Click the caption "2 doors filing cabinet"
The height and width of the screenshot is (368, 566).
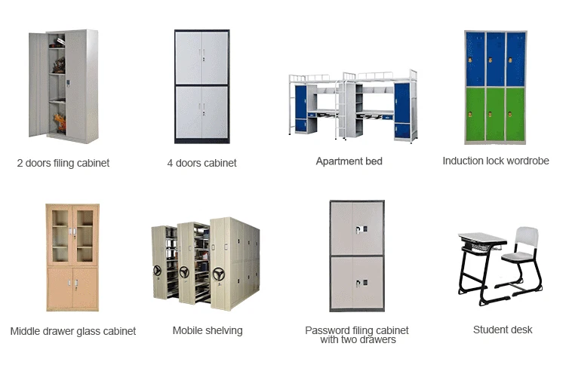coord(63,163)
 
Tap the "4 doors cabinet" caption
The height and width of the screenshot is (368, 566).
coord(201,163)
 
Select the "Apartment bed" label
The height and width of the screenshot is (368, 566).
coord(349,161)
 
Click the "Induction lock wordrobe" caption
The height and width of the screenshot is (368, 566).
coord(496,161)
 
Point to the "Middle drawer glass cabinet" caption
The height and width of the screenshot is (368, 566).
coord(73,331)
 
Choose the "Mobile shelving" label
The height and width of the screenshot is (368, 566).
coord(208,330)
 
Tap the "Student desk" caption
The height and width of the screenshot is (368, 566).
coord(503,330)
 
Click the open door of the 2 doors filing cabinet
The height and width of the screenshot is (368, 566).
coord(38,84)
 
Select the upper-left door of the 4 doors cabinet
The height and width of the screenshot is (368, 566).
coord(189,58)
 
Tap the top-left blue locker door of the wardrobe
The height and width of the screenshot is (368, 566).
coord(475,59)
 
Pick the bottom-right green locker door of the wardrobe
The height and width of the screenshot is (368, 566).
coord(516,114)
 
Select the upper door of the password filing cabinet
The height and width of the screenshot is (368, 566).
coord(357,228)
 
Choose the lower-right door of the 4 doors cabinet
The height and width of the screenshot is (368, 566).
coord(214,113)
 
